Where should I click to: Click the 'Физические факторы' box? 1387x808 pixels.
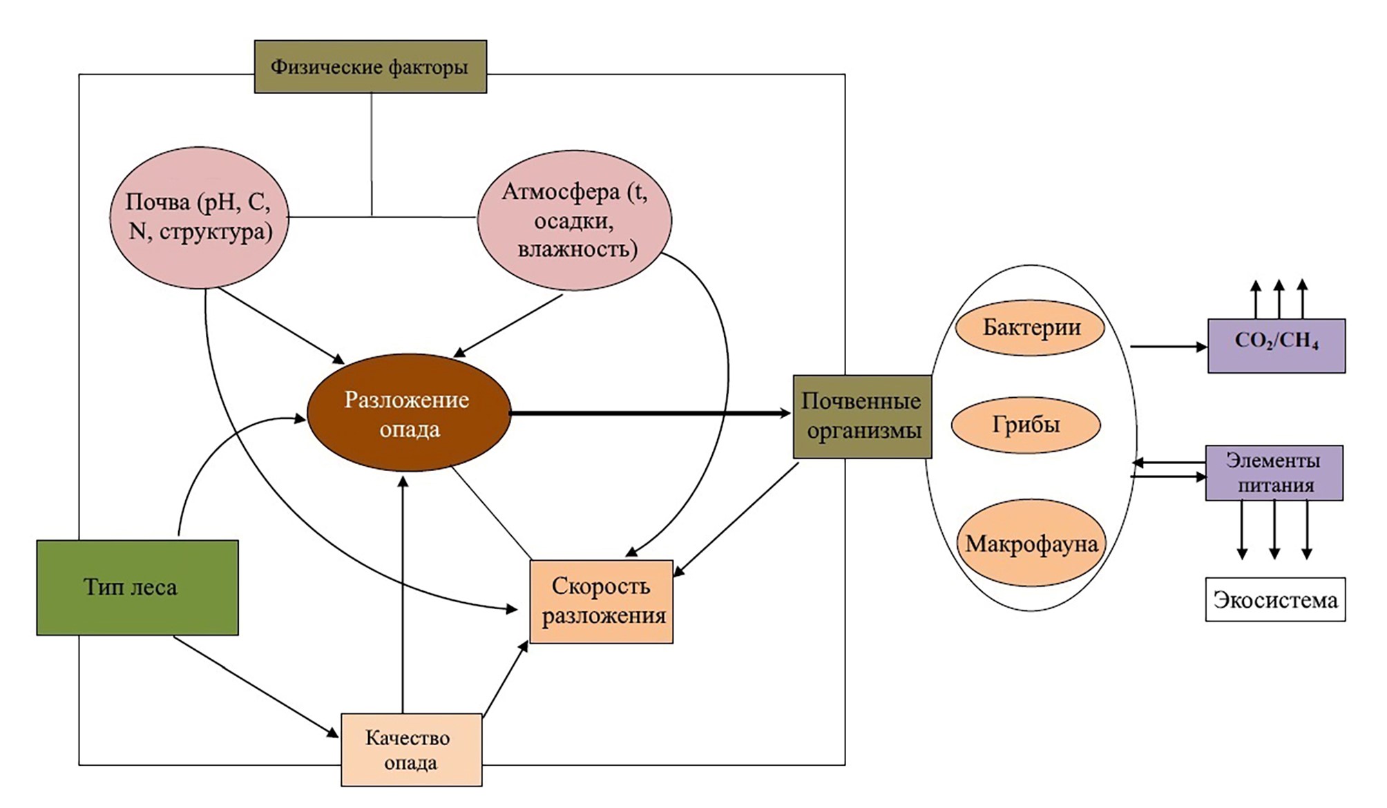pyautogui.click(x=370, y=67)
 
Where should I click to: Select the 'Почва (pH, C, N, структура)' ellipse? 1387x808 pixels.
pyautogui.click(x=199, y=217)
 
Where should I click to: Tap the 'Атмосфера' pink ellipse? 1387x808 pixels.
pyautogui.click(x=574, y=220)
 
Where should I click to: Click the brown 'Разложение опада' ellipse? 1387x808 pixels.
pyautogui.click(x=409, y=413)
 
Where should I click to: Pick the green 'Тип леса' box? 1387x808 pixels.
pyautogui.click(x=137, y=587)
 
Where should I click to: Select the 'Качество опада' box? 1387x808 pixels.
pyautogui.click(x=411, y=749)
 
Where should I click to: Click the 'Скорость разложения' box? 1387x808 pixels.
pyautogui.click(x=601, y=602)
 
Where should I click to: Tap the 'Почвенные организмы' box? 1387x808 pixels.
pyautogui.click(x=862, y=416)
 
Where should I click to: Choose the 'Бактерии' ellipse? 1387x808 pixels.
pyautogui.click(x=1030, y=327)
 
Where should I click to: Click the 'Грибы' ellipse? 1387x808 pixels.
pyautogui.click(x=1026, y=425)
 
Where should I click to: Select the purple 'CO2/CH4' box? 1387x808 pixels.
pyautogui.click(x=1276, y=345)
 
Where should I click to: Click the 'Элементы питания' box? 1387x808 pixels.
pyautogui.click(x=1274, y=472)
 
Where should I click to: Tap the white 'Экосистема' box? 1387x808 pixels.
pyautogui.click(x=1275, y=599)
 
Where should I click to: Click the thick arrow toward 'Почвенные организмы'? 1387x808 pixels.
pyautogui.click(x=649, y=413)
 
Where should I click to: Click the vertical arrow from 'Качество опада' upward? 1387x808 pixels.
pyautogui.click(x=403, y=594)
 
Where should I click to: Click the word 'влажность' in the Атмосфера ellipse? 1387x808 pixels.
pyautogui.click(x=577, y=249)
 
